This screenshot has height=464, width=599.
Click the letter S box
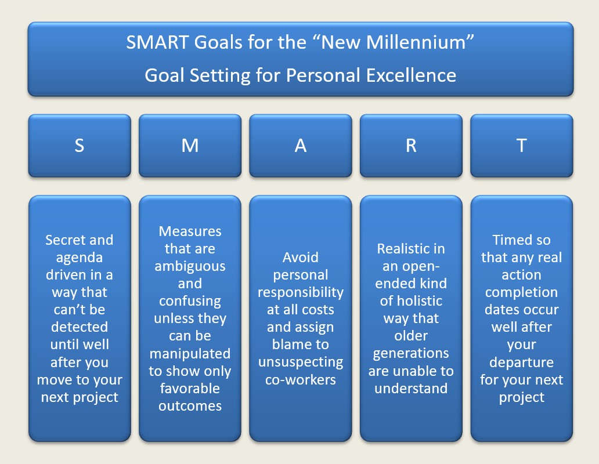pos(80,146)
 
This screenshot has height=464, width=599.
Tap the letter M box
pos(190,146)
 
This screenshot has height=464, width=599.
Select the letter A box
pos(301,146)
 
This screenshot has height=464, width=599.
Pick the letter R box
pos(411,146)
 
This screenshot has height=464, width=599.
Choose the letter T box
pos(521,146)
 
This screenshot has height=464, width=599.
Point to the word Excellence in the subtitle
pos(411,75)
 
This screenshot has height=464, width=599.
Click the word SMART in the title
pos(157,42)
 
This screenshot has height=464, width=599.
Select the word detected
pos(80,327)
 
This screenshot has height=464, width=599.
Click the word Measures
pos(190,231)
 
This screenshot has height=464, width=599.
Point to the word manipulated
pos(190,354)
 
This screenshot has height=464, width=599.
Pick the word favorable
pos(190,389)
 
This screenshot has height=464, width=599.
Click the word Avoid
pos(300,257)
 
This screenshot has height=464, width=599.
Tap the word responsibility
pos(301,292)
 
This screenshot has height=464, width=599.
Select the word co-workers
pos(301,380)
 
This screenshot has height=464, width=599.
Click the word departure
pos(521,362)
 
